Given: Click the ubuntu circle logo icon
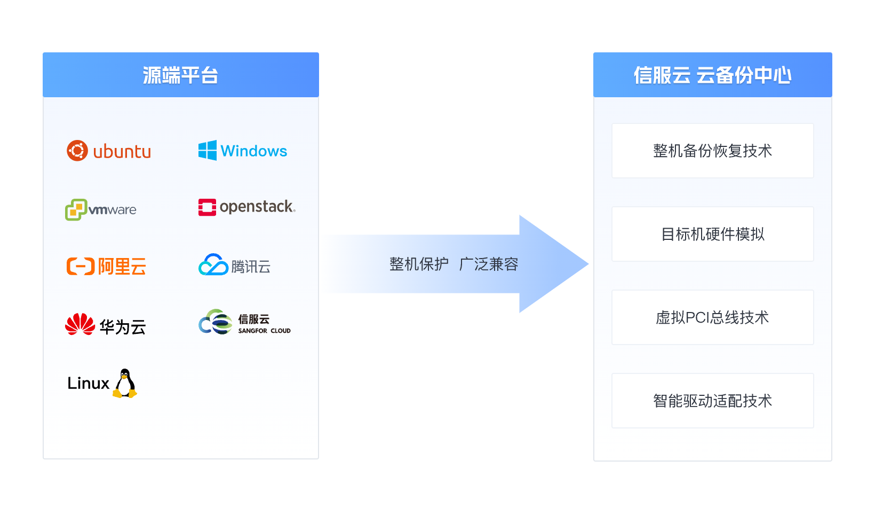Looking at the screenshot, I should point(77,151).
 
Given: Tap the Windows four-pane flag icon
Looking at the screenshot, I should point(208,151).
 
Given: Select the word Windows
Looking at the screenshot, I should point(254,151).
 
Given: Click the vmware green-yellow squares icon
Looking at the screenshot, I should point(75,209).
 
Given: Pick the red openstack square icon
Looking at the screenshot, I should point(207,207).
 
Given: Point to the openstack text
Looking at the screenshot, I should point(257,207).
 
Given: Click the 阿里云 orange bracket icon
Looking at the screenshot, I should point(80,266).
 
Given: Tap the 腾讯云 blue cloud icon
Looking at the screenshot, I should point(213,265).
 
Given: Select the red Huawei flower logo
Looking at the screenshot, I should point(80,324).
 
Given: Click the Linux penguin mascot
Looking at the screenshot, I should point(125,384).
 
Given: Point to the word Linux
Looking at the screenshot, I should point(88,384).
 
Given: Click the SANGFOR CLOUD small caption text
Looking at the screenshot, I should point(264,331).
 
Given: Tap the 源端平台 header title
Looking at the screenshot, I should point(180,75).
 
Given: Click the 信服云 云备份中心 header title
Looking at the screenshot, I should point(712,75).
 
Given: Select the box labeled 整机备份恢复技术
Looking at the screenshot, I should point(712,151).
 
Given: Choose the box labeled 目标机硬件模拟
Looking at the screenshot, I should point(712,234).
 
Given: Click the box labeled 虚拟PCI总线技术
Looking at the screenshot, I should point(712,317).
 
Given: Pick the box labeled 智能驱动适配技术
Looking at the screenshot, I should point(712,401).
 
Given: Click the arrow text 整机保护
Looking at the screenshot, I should point(419,264).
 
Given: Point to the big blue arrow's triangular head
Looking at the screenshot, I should point(550,264).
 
